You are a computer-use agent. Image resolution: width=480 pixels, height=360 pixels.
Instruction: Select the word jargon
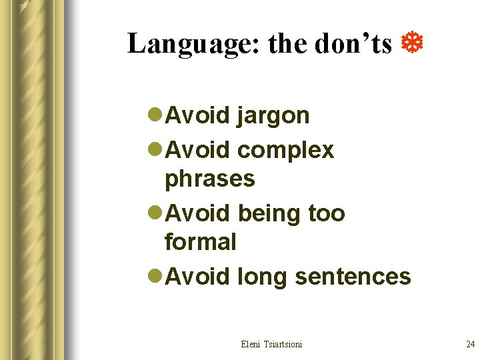click(273, 116)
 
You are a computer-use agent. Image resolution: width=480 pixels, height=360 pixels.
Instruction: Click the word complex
click(285, 151)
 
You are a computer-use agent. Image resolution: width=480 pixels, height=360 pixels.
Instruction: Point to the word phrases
click(209, 179)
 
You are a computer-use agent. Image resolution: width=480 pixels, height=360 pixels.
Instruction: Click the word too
click(326, 213)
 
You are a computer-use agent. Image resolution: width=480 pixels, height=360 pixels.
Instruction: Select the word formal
click(200, 241)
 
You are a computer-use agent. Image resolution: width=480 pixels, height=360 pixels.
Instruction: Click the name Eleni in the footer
click(252, 344)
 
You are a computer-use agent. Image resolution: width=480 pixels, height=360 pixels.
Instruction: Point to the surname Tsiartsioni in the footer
click(283, 344)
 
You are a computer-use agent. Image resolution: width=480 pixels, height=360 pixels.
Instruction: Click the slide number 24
click(470, 344)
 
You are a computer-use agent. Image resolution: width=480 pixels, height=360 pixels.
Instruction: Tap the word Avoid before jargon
click(197, 115)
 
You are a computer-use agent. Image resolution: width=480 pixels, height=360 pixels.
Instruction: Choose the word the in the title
click(287, 44)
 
